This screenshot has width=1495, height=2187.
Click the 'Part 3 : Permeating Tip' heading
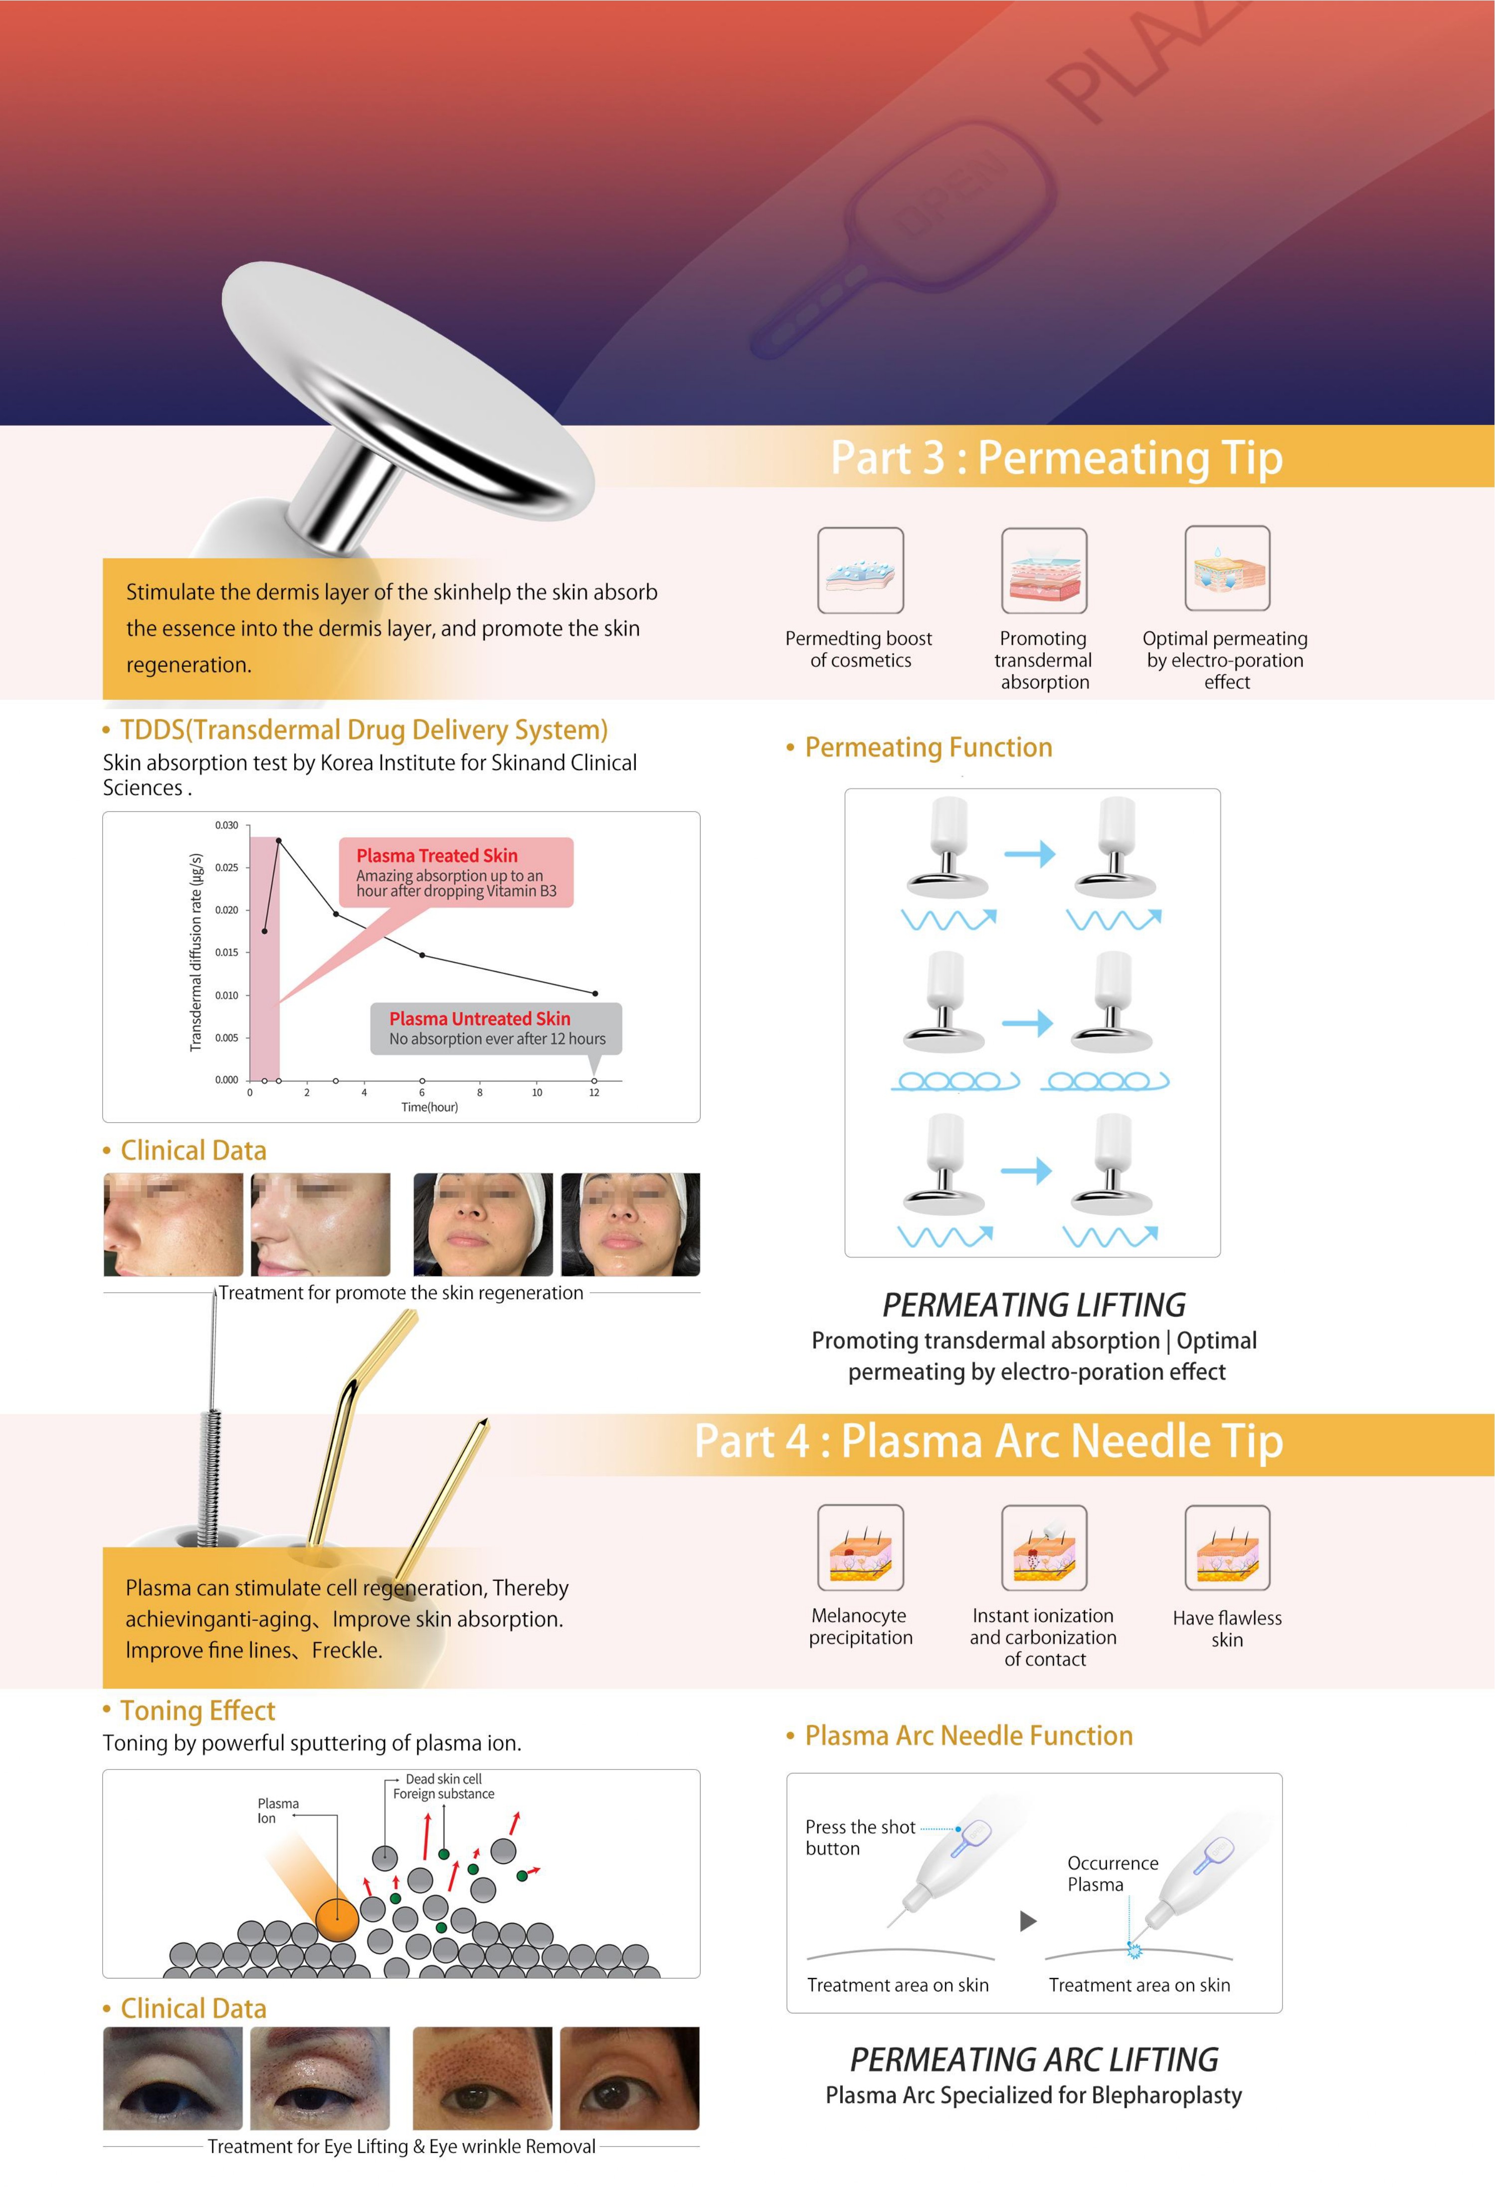1056,458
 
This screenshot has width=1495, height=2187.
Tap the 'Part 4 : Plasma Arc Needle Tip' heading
988,1441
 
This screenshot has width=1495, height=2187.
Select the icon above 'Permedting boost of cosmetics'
860,570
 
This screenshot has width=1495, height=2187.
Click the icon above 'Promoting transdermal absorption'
1043,570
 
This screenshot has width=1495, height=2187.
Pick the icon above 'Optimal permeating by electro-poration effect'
1227,569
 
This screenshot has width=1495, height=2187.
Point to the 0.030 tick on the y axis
227,825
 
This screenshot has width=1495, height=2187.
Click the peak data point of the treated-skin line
278,840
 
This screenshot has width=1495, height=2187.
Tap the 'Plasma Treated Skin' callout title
436,855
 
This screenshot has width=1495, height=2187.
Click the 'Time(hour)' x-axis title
429,1108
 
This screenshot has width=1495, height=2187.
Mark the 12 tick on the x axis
594,1093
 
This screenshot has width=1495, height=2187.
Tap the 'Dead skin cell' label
443,1779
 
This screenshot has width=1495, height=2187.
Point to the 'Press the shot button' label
859,1837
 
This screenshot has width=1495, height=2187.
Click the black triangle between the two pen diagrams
1028,1921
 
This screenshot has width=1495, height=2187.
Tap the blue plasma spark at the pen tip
1133,1951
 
